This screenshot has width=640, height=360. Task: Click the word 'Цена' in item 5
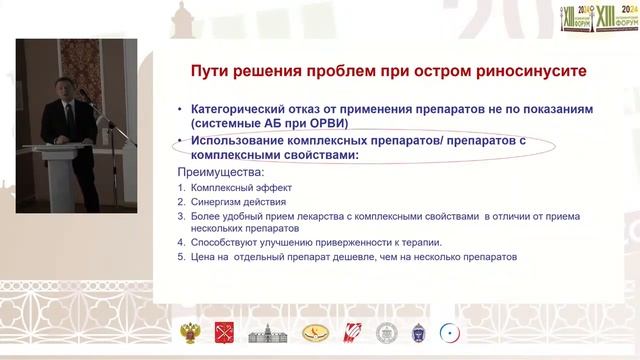(x=205, y=257)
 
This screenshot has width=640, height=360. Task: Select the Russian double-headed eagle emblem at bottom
(x=187, y=334)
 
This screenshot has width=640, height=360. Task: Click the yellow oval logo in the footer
(x=308, y=334)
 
